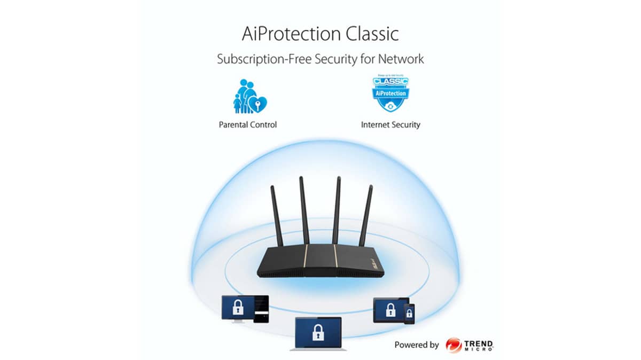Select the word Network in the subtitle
coord(398,59)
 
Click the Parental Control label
coord(248,124)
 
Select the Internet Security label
coord(390,124)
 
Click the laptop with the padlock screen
coord(318,334)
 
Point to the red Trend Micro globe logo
coord(454,345)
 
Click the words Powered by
coord(417,345)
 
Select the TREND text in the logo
coord(479,342)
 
